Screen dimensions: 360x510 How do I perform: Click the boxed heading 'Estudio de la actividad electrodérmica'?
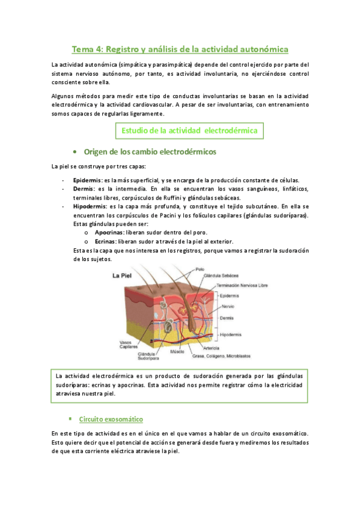[189, 129]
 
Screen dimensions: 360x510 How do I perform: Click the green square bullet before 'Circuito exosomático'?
[70, 417]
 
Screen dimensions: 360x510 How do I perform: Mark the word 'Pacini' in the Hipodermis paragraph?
[180, 215]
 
